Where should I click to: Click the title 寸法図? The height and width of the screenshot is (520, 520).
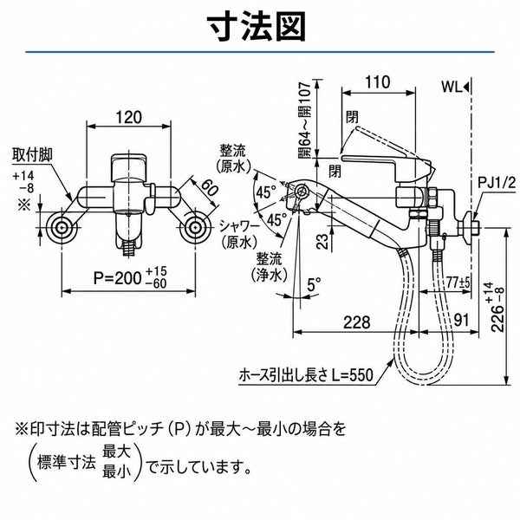tap(257, 27)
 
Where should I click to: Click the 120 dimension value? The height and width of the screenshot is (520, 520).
tap(128, 117)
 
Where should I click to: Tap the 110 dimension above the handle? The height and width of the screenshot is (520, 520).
tap(378, 82)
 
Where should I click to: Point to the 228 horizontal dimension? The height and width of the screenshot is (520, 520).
tap(356, 322)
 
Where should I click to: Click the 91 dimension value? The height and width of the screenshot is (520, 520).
tap(461, 321)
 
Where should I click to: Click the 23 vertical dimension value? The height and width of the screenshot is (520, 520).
tap(322, 241)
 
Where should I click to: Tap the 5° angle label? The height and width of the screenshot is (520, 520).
tap(314, 284)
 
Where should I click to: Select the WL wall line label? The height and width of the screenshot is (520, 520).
tap(452, 88)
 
